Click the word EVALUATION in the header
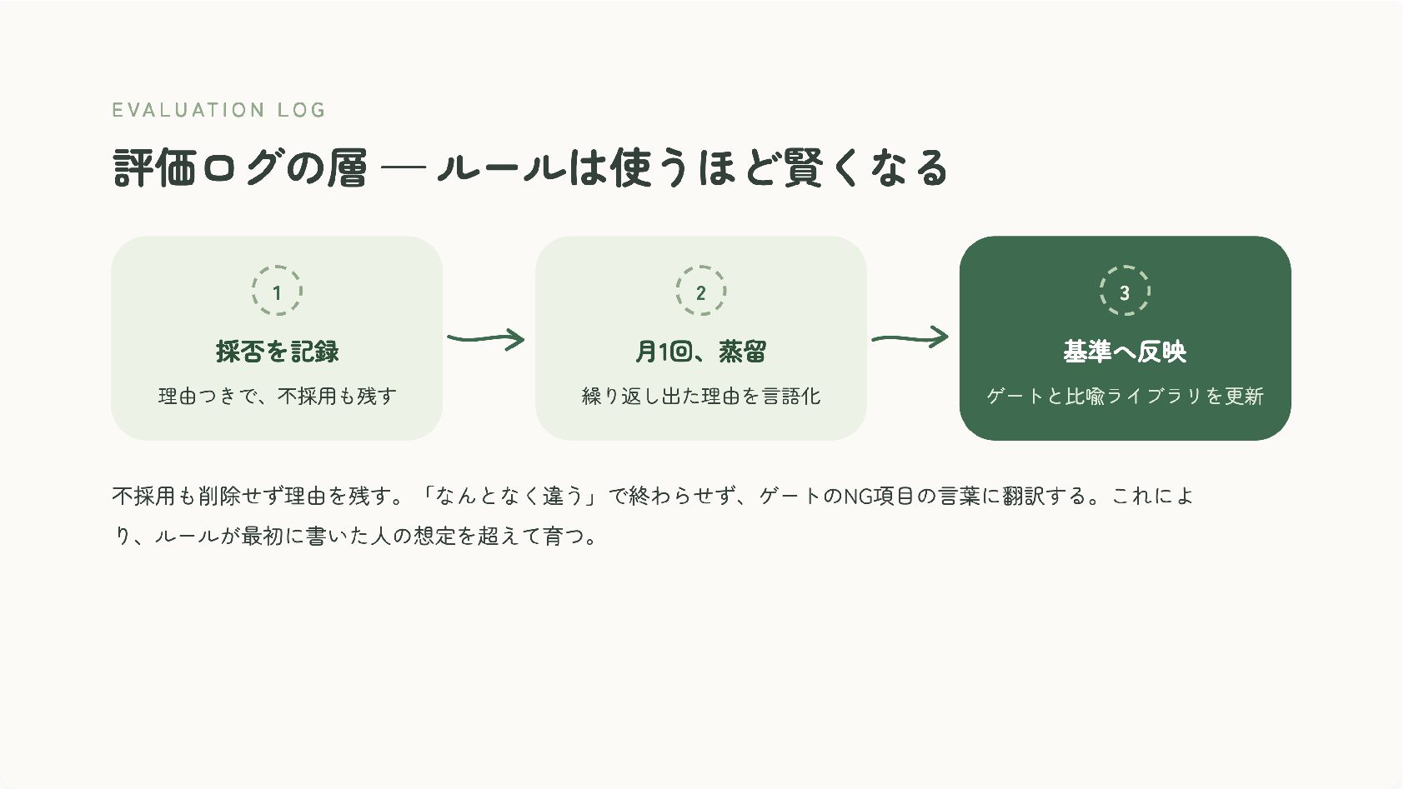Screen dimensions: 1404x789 [188, 110]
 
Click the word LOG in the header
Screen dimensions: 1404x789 [302, 110]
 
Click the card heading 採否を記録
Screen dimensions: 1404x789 [277, 352]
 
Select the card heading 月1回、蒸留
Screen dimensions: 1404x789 [700, 352]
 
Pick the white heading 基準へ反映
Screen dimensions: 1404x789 [1125, 352]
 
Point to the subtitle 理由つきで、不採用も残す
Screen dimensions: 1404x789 [277, 396]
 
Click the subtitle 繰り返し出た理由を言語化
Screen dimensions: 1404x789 [700, 396]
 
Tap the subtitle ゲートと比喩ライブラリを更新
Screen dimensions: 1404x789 [1125, 396]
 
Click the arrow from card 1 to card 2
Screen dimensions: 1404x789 [486, 338]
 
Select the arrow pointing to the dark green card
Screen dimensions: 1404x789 [910, 338]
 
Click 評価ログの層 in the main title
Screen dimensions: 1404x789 [239, 167]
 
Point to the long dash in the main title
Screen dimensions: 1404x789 [403, 167]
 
